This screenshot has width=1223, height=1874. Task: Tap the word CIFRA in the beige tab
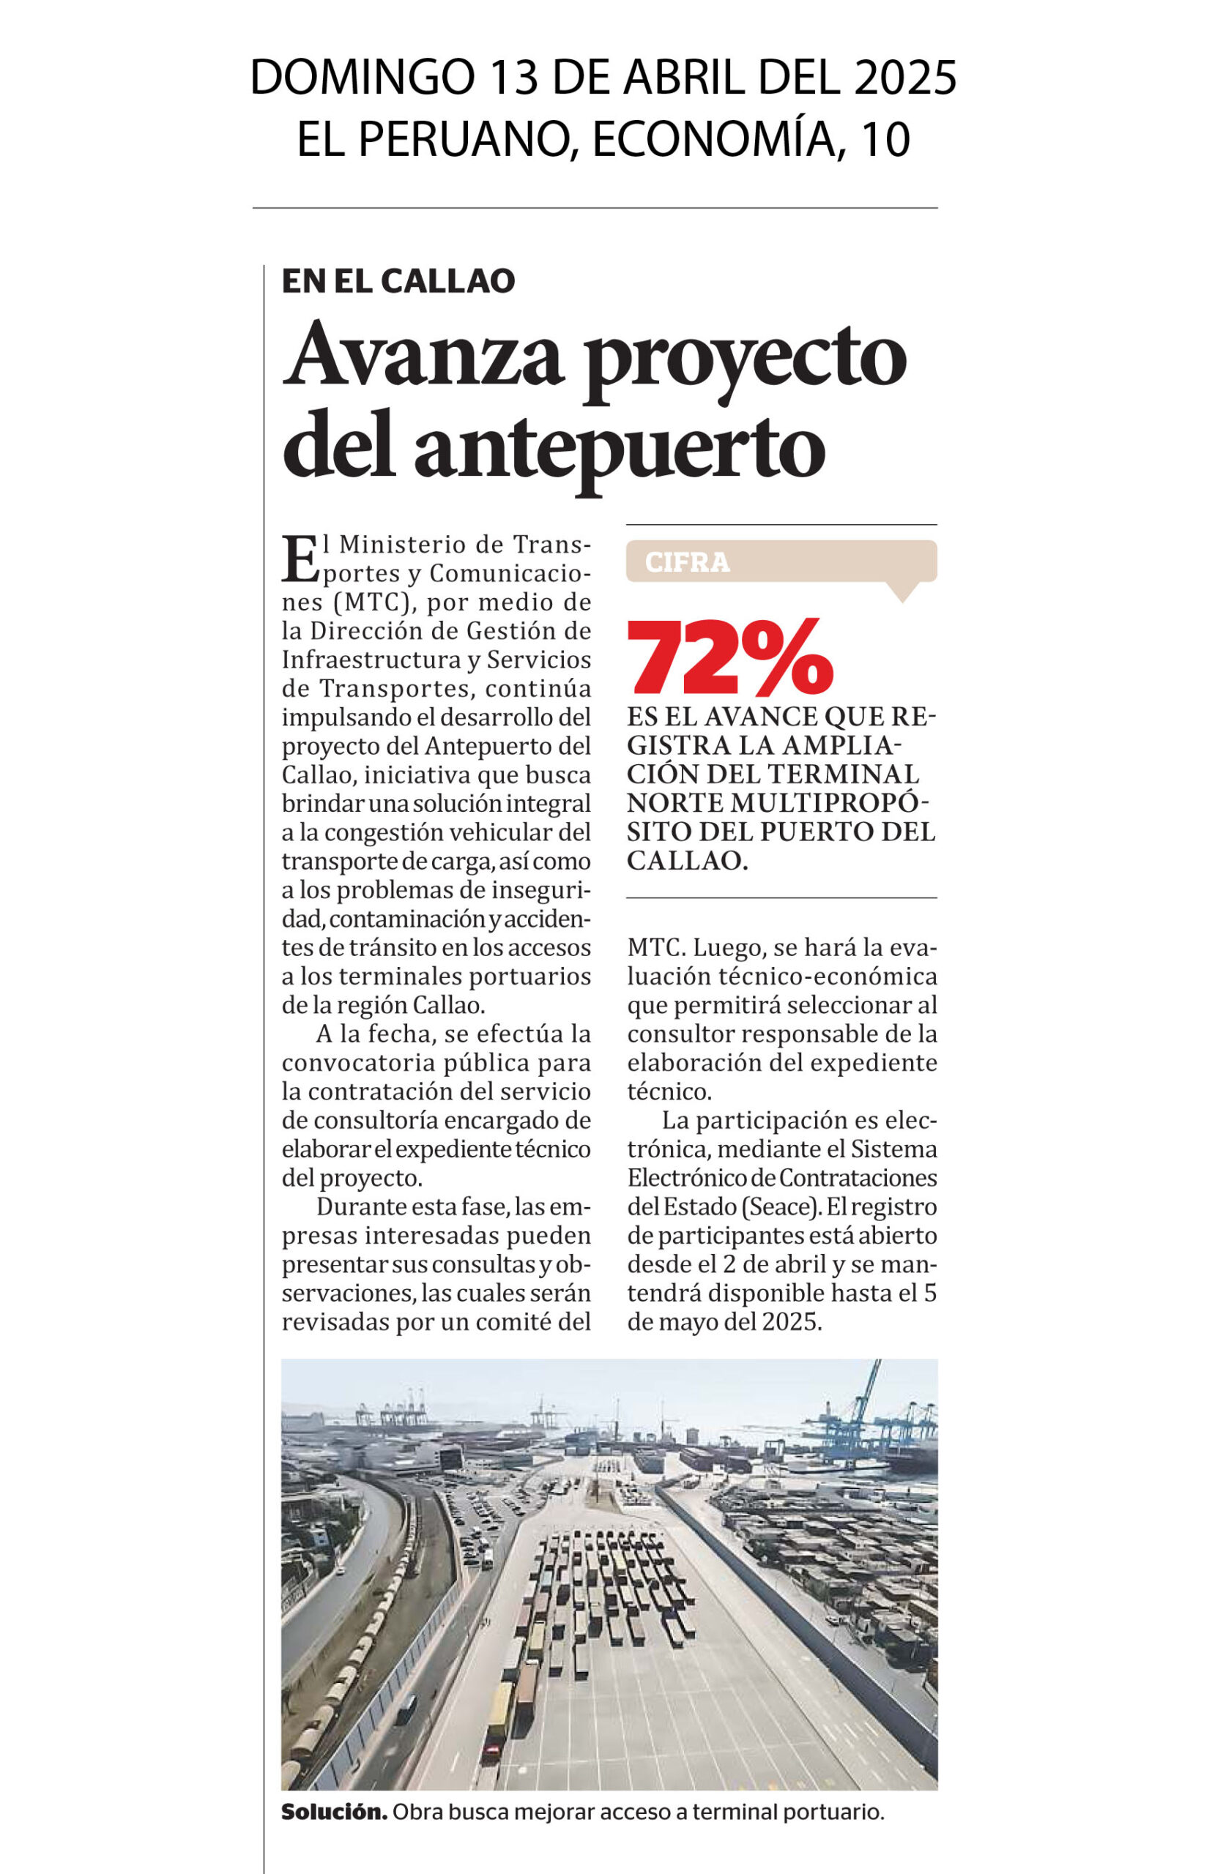687,562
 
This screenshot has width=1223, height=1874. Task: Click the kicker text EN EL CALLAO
398,281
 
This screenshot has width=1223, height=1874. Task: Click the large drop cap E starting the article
300,559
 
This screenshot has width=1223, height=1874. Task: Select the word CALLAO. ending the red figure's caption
687,861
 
